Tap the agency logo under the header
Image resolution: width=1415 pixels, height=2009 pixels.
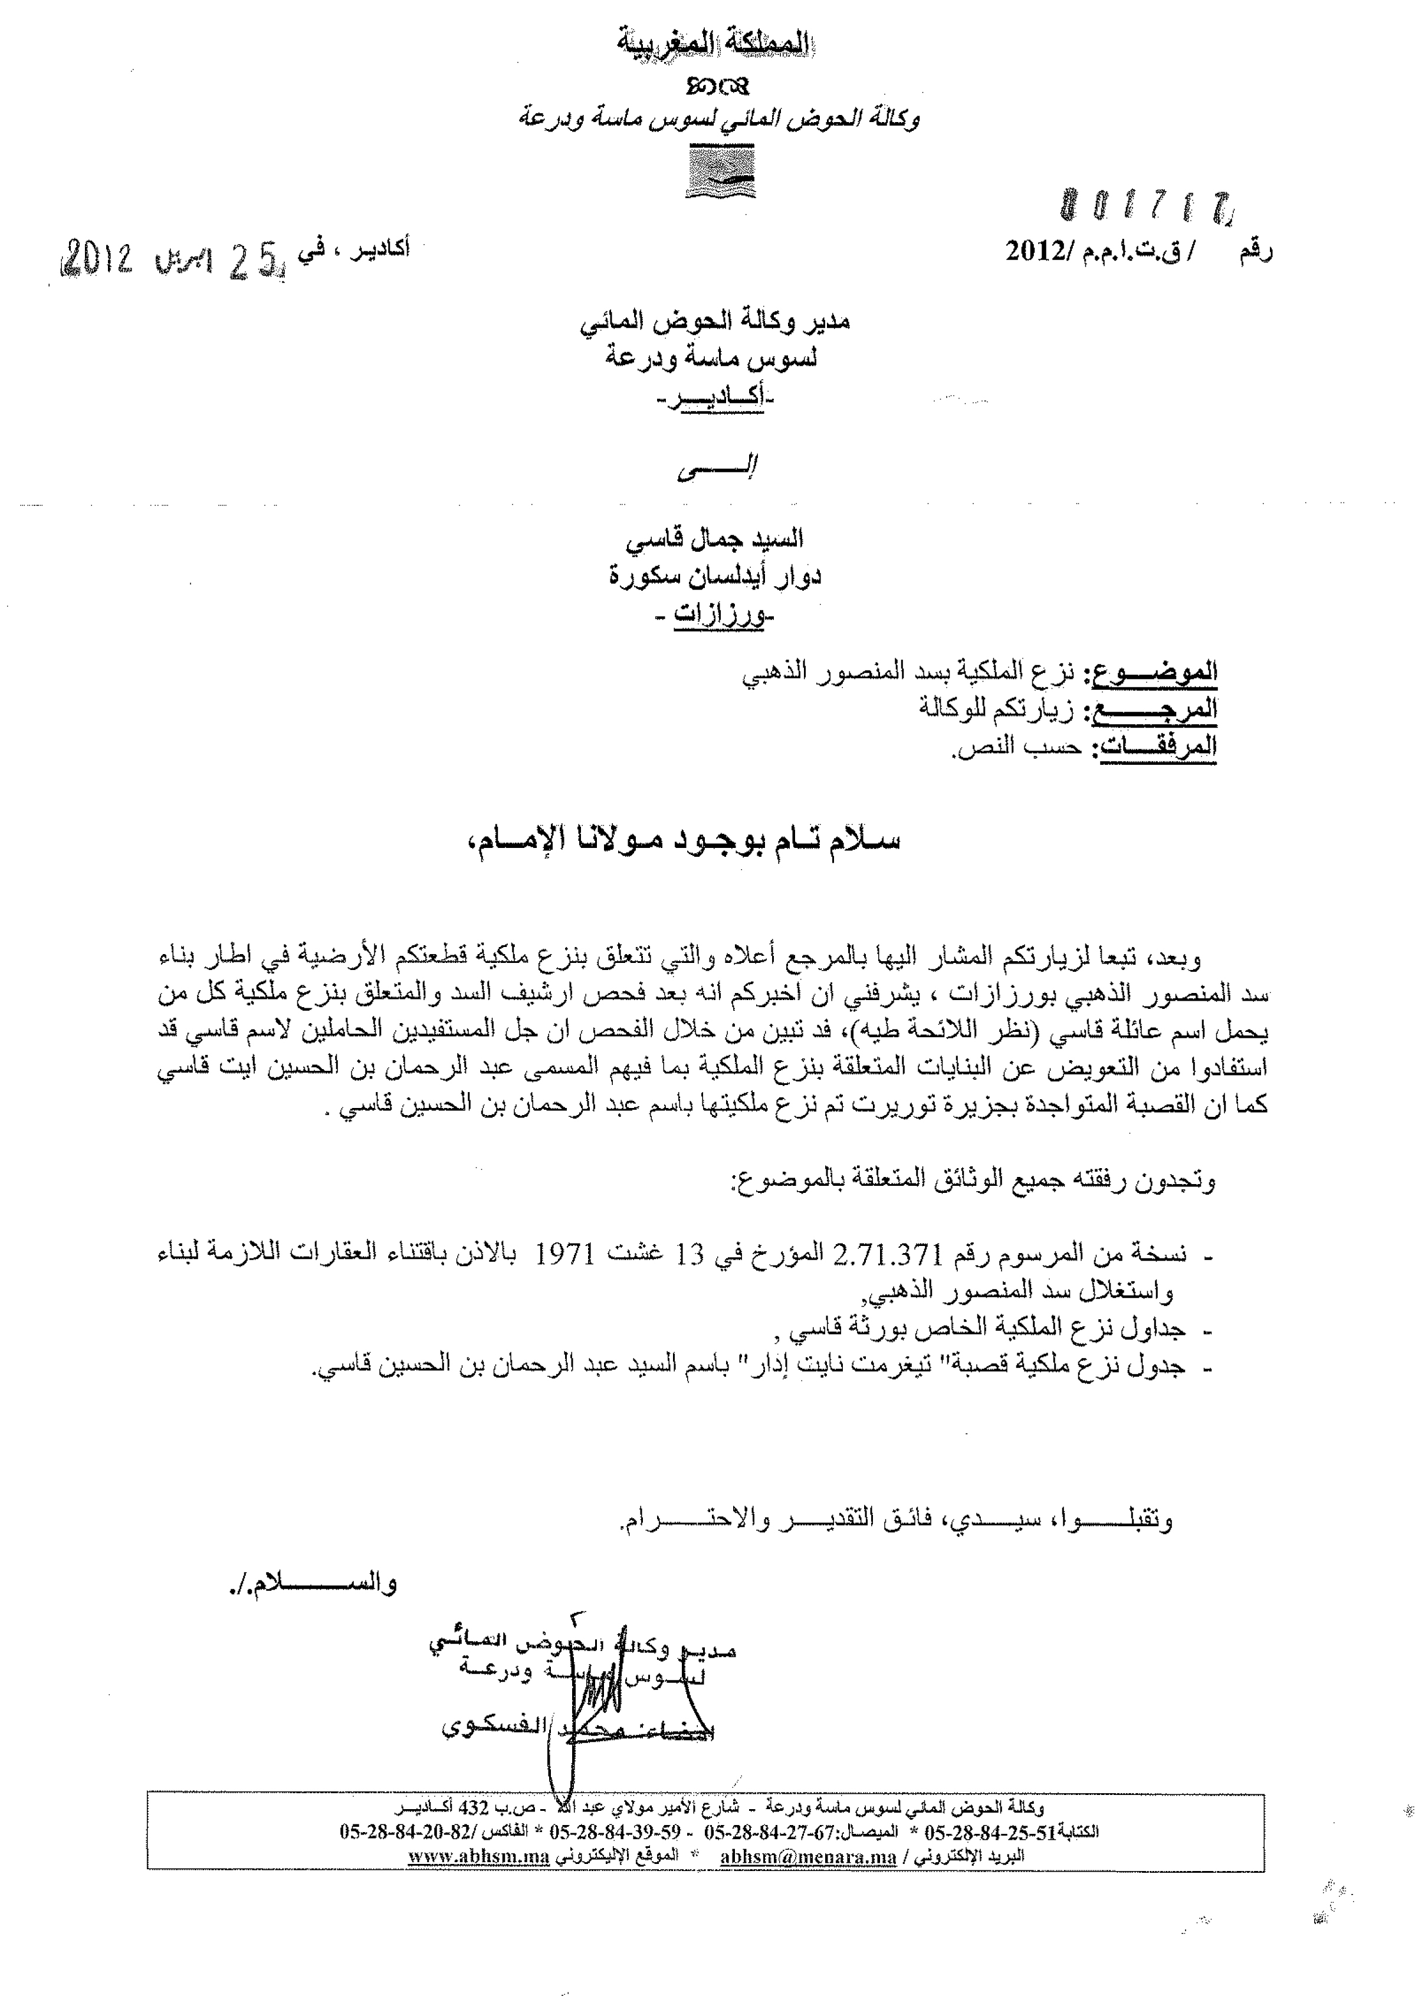tap(720, 172)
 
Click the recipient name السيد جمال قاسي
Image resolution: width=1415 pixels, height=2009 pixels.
tap(715, 540)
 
